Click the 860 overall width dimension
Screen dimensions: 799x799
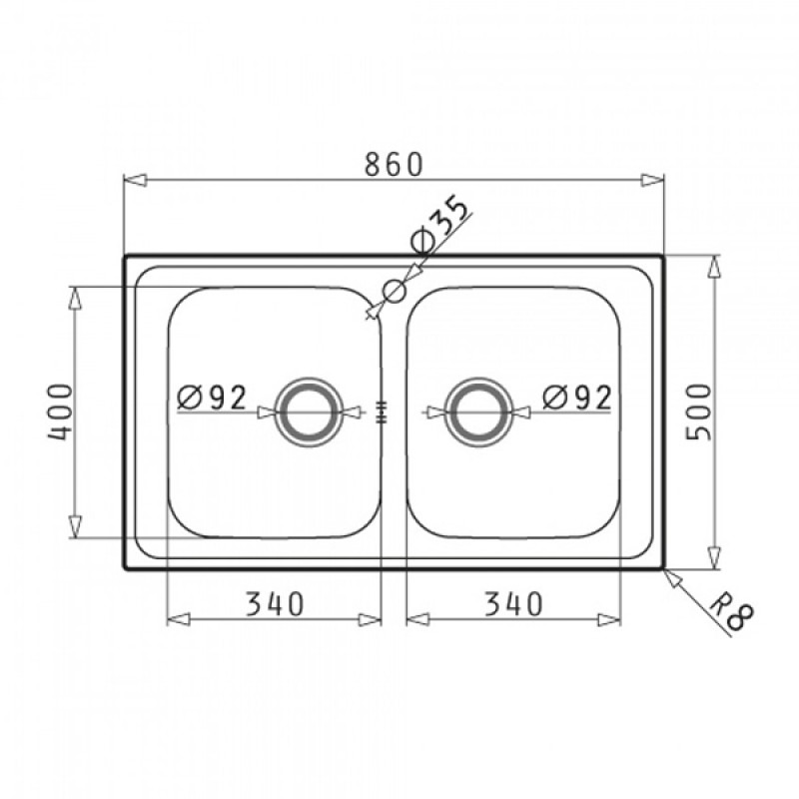(x=395, y=164)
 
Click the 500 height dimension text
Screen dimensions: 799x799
(x=698, y=411)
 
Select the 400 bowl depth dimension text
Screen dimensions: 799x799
(x=60, y=411)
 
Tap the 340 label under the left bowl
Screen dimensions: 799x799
(x=276, y=604)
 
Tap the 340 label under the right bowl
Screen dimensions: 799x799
(x=513, y=604)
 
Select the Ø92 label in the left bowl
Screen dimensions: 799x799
(x=212, y=398)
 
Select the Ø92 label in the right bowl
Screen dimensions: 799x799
(x=577, y=398)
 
